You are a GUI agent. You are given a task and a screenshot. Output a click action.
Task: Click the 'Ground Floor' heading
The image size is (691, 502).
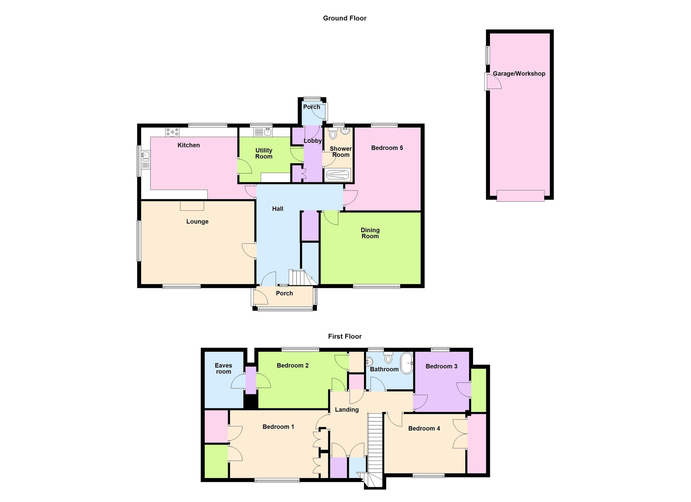pyautogui.click(x=344, y=18)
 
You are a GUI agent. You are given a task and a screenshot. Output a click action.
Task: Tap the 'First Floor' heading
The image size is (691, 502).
pyautogui.click(x=344, y=336)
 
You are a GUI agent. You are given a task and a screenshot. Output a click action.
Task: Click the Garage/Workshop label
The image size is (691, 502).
pyautogui.click(x=519, y=74)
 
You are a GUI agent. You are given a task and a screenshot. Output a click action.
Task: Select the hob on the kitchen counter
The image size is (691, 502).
pyautogui.click(x=172, y=132)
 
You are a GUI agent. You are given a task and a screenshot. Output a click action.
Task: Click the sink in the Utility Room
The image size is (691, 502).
pyautogui.click(x=263, y=132)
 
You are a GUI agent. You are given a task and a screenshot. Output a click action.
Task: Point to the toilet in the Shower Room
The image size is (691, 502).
pyautogui.click(x=333, y=134)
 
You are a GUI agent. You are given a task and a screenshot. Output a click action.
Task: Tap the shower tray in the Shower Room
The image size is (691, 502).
pyautogui.click(x=338, y=175)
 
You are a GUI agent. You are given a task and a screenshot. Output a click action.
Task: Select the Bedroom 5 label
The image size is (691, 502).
pyautogui.click(x=387, y=148)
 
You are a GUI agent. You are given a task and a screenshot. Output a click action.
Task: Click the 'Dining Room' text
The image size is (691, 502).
pyautogui.click(x=370, y=233)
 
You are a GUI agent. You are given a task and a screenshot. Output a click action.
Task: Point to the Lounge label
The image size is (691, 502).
pyautogui.click(x=197, y=222)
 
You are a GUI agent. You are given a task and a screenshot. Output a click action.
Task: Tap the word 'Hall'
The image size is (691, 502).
pyautogui.click(x=278, y=209)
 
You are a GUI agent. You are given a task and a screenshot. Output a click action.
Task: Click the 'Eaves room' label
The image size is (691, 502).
pyautogui.click(x=223, y=368)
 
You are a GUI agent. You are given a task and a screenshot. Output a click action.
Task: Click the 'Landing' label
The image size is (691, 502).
pyautogui.click(x=347, y=410)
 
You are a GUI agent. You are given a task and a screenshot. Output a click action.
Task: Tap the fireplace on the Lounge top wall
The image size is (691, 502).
pyautogui.click(x=192, y=206)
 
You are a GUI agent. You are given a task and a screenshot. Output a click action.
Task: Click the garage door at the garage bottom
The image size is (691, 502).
pyautogui.click(x=520, y=196)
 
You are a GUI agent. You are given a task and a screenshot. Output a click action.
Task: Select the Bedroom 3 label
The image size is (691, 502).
pyautogui.click(x=441, y=366)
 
